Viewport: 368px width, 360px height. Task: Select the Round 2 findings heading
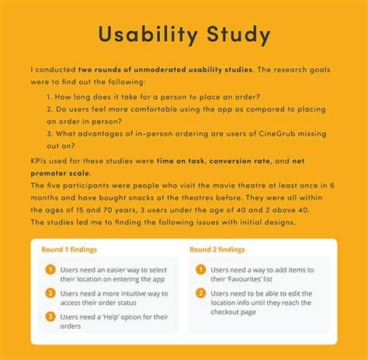(217, 250)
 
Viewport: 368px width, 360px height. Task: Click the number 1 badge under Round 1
(50, 270)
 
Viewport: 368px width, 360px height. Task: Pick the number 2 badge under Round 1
(50, 293)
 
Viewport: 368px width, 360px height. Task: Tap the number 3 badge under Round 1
(50, 317)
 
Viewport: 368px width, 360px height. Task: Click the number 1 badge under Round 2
(201, 270)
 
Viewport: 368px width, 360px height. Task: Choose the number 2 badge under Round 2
(201, 293)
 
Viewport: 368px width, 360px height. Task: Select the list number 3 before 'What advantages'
(49, 133)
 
